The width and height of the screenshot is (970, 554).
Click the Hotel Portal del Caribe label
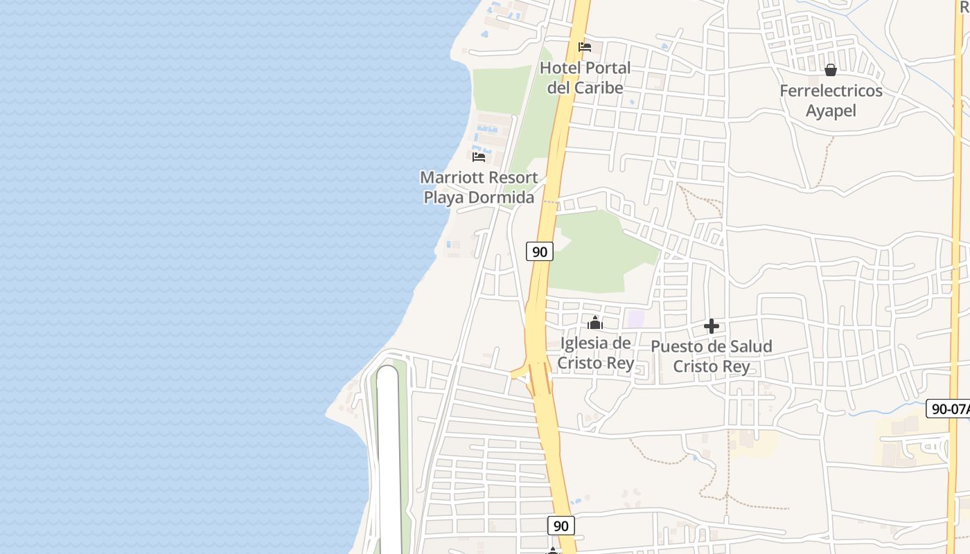(x=585, y=78)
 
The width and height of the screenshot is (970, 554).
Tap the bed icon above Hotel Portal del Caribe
(x=585, y=48)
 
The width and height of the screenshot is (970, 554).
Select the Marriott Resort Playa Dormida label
(x=479, y=187)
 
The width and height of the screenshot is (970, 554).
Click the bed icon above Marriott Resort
(x=479, y=157)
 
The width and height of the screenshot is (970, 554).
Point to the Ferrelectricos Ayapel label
(x=831, y=100)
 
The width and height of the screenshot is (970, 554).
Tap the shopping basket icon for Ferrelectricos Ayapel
(x=831, y=70)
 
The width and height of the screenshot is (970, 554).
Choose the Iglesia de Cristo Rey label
(x=595, y=352)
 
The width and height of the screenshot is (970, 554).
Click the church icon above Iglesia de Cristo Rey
(x=594, y=323)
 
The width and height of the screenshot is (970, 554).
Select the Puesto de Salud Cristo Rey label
(x=712, y=356)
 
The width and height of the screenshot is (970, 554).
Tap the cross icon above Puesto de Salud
(x=712, y=326)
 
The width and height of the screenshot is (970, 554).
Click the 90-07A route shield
(x=949, y=409)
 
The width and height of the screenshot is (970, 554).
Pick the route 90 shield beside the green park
(x=540, y=251)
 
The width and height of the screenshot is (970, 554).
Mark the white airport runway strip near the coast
(x=388, y=457)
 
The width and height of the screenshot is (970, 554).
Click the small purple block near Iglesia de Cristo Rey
(x=635, y=319)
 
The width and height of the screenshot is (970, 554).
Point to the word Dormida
(x=500, y=197)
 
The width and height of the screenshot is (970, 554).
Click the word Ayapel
(x=831, y=111)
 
